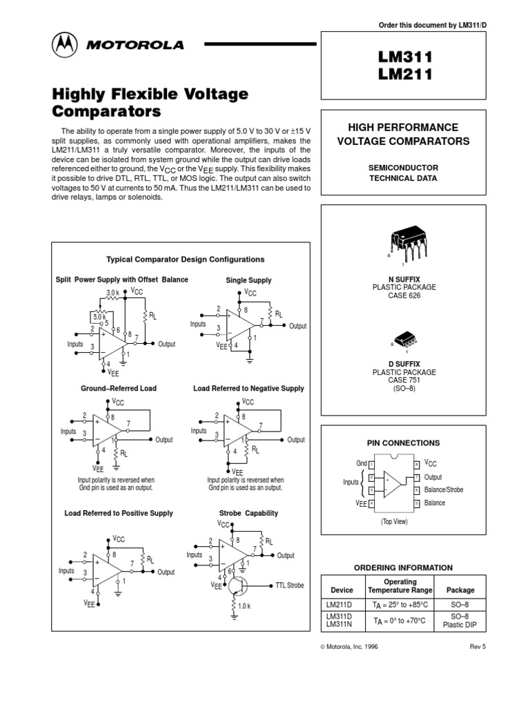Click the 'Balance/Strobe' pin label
coord(444,490)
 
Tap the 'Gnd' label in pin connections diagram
coord(362,464)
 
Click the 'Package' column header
coord(460,590)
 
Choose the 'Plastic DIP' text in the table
coord(460,626)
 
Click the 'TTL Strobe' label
coord(289,585)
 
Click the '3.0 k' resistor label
coord(113,293)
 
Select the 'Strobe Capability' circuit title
coord(248,513)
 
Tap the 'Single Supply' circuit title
coord(248,280)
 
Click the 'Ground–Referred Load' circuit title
coord(119,389)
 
